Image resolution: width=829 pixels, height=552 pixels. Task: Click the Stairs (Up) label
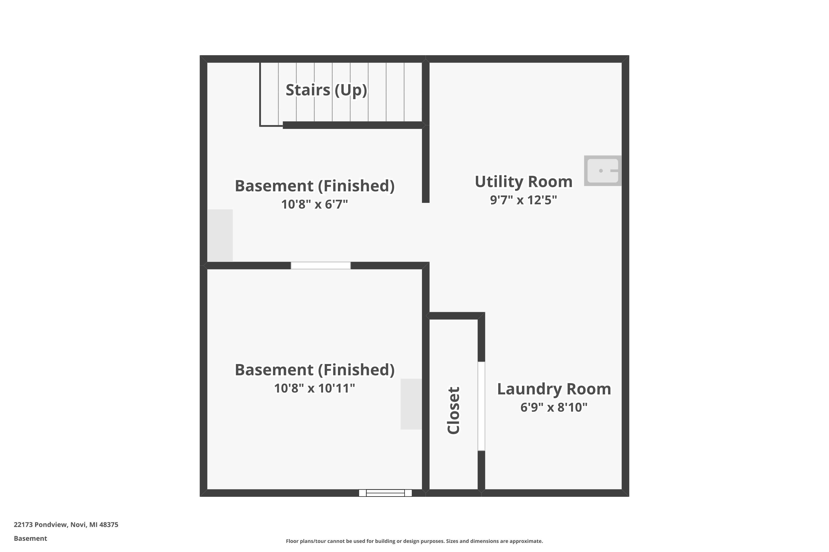coord(326,90)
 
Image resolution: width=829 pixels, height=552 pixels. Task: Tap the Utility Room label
coord(523,182)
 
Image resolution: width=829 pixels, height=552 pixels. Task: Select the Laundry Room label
coord(554,389)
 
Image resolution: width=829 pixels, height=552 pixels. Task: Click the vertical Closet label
coord(454,410)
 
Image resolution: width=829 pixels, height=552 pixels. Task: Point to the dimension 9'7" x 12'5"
coord(523,200)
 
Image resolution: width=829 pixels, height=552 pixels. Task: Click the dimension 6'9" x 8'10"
coord(554,407)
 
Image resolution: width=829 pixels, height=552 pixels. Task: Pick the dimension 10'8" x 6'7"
coord(314,204)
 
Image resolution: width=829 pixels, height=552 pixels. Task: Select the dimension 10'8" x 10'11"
coord(314,388)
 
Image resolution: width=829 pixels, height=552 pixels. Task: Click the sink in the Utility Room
coord(602,171)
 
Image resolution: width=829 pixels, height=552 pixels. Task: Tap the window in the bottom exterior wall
coord(385,493)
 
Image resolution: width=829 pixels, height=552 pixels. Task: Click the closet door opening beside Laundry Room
coord(481,406)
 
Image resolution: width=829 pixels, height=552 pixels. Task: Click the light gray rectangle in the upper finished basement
coord(220,235)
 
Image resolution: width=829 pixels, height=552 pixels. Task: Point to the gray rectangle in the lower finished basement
coord(411,404)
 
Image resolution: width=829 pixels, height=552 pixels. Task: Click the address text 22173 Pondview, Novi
coord(66,525)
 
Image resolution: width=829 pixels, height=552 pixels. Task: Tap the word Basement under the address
coord(30,538)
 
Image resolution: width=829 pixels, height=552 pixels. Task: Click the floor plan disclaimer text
coord(414,541)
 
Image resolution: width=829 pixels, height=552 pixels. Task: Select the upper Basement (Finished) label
coord(314,186)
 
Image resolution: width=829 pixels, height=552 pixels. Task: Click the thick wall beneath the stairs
coord(353,125)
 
